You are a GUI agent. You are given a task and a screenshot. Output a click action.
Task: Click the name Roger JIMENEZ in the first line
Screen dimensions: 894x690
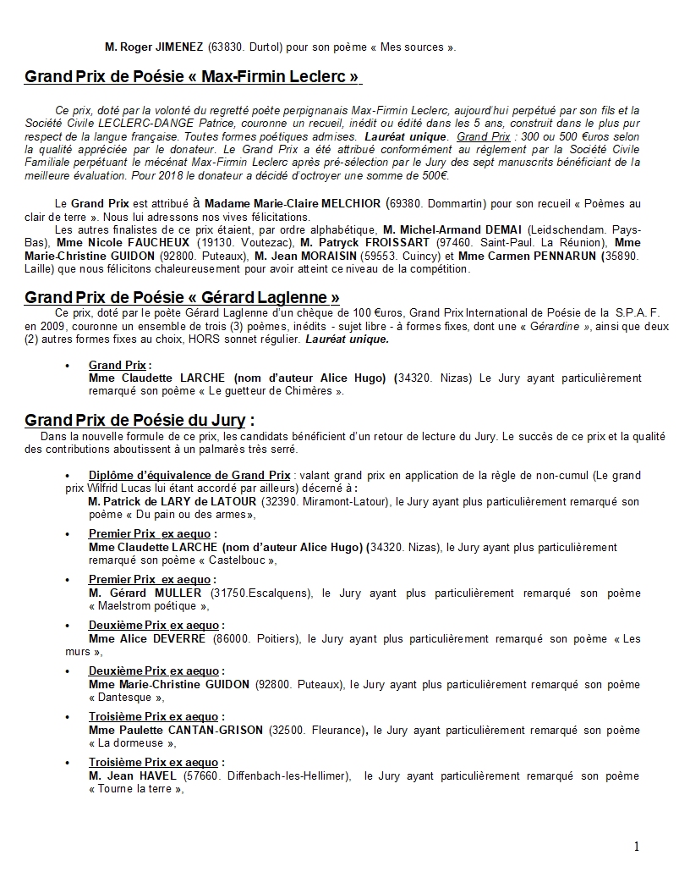[162, 47]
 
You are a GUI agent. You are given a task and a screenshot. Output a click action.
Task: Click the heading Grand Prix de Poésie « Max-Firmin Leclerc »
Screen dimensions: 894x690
[192, 79]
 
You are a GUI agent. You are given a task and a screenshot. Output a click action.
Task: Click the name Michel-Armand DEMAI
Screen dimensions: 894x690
[461, 230]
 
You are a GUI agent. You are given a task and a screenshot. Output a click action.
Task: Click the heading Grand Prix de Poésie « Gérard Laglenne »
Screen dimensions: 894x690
[182, 297]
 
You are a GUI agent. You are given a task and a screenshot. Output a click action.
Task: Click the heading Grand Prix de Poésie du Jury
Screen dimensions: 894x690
[140, 421]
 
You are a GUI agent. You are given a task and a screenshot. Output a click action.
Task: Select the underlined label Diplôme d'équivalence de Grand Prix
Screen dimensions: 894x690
[189, 475]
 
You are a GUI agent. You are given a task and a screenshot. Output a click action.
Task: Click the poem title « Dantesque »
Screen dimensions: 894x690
[124, 697]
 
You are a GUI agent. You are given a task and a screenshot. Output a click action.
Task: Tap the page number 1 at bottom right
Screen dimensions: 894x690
[636, 847]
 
